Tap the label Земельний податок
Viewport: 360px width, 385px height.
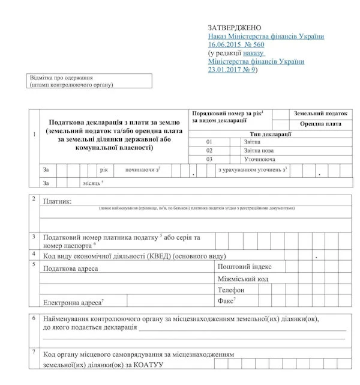321,113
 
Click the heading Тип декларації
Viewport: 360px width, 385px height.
272,133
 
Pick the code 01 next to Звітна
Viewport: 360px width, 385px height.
209,142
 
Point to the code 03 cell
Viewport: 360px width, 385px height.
209,160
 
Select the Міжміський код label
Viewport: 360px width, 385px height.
242,279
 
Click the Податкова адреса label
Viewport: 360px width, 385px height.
70,268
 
